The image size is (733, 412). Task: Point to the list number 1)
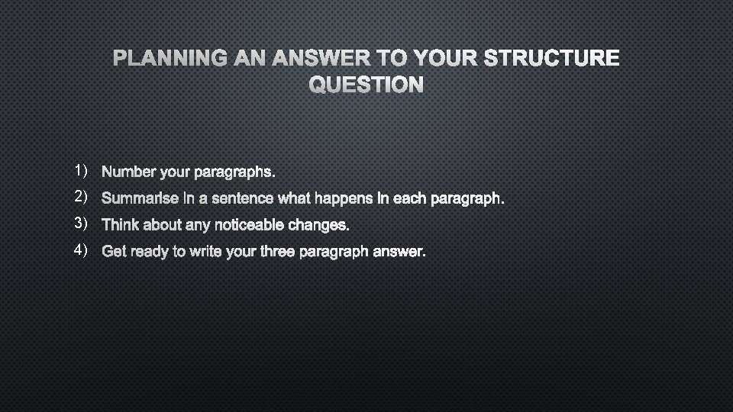pyautogui.click(x=82, y=169)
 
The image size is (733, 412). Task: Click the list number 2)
pyautogui.click(x=82, y=196)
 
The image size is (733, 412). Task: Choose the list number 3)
pyautogui.click(x=82, y=223)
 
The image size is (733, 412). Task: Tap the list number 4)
pyautogui.click(x=82, y=249)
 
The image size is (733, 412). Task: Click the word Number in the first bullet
pyautogui.click(x=126, y=172)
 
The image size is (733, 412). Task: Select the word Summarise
pyautogui.click(x=136, y=199)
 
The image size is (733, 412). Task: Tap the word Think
pyautogui.click(x=119, y=225)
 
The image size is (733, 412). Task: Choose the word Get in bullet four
pyautogui.click(x=114, y=252)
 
